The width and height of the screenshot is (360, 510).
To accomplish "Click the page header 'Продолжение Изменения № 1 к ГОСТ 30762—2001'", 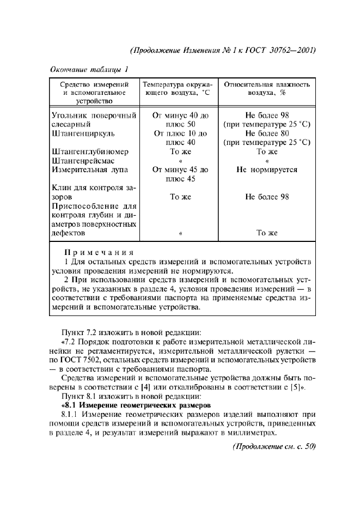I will click(224, 51).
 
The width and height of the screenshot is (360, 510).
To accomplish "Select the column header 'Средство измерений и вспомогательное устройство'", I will click(94, 93).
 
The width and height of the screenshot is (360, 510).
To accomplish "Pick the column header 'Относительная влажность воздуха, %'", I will click(267, 89).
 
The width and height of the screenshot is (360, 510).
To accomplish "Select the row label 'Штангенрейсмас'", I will click(84, 161).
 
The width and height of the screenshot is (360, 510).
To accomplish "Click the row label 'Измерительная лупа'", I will click(89, 169).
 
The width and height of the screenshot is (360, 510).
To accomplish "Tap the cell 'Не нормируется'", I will click(267, 169).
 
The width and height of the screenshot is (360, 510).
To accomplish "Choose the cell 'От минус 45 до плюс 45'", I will click(180, 174).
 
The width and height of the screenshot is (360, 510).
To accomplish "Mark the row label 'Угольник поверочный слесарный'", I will click(93, 119).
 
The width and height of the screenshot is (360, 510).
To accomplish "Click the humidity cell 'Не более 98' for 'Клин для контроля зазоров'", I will click(267, 197).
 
